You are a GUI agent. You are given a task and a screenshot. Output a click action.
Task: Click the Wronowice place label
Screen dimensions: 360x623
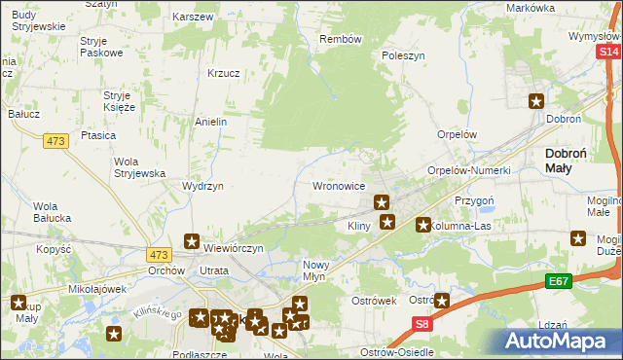coord(338,185)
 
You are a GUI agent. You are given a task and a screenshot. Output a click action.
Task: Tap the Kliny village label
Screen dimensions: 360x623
coord(362,227)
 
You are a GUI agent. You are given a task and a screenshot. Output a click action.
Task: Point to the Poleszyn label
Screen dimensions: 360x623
coord(404,56)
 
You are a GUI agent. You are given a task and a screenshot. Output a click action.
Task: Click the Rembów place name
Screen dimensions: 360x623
coord(341,39)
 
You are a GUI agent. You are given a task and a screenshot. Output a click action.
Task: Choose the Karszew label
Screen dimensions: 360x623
coord(192,18)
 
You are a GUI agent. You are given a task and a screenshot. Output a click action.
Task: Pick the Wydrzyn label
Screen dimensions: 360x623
coord(203,185)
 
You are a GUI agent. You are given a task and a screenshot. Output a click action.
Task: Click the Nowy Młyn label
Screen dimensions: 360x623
coord(320,270)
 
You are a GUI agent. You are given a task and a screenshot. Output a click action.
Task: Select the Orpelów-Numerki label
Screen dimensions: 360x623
coord(469,170)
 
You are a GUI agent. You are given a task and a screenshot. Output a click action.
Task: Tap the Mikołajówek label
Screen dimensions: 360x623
coord(99,289)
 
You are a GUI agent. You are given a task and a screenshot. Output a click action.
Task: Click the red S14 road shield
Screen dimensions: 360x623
coord(609,50)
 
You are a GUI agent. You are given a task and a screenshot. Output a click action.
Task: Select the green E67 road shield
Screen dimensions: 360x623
coord(558,282)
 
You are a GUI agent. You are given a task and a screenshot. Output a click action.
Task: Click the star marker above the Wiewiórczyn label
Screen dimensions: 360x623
coord(192,241)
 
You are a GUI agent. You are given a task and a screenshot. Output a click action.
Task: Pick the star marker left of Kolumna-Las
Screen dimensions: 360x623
coord(423,225)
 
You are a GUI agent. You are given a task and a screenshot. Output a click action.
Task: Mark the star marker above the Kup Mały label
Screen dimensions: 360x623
coord(18,304)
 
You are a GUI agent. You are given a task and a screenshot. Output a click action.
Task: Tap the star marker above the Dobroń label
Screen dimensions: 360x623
coord(536,100)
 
